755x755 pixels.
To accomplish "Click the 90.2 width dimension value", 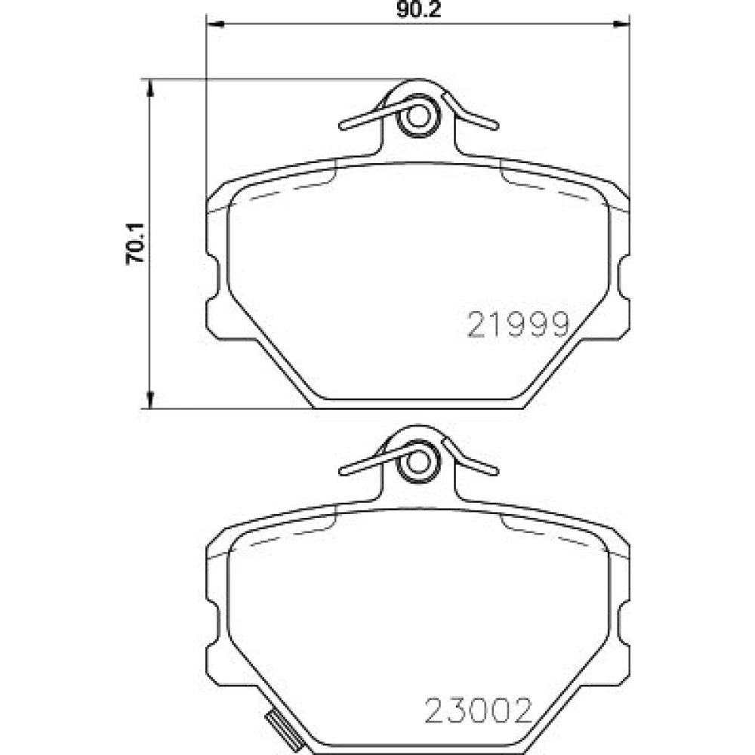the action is pos(418,10).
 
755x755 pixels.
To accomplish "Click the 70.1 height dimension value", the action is pos(135,244).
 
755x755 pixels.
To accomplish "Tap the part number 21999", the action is pos(519,324).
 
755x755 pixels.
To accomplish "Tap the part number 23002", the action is pos(478,710).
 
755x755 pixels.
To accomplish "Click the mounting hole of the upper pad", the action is pos(418,117).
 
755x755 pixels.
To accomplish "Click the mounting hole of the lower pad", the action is pos(418,463).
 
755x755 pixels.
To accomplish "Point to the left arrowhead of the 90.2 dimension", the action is pos(215,23).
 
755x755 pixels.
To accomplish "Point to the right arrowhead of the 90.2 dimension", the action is pos(621,23).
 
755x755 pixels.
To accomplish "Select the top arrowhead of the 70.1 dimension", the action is pos(149,88).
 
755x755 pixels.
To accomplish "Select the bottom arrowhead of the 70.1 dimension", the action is pos(149,399).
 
